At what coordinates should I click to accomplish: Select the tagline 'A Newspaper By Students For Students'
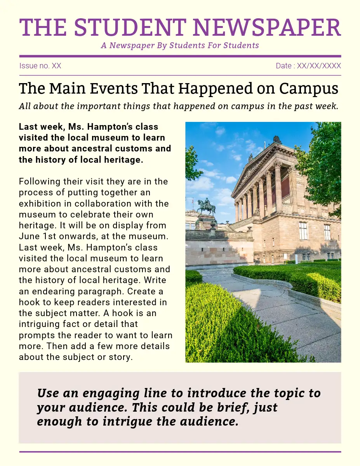(x=180, y=45)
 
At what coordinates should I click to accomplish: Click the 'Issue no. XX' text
(x=40, y=66)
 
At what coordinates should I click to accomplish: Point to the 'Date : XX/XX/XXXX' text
(x=308, y=66)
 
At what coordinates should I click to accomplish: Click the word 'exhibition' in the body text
(x=40, y=203)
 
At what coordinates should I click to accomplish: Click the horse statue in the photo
(x=206, y=206)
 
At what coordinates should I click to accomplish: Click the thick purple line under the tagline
(x=180, y=56)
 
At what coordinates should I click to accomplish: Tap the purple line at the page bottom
(x=180, y=452)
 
